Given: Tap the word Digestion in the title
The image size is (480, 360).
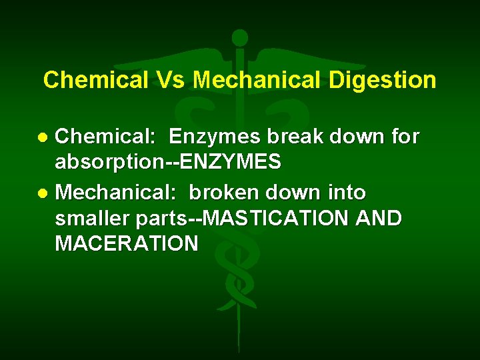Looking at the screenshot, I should [x=382, y=81].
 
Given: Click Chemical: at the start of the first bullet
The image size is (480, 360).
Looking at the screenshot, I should [x=105, y=137].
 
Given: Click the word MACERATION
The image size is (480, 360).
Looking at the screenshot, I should [x=127, y=243].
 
